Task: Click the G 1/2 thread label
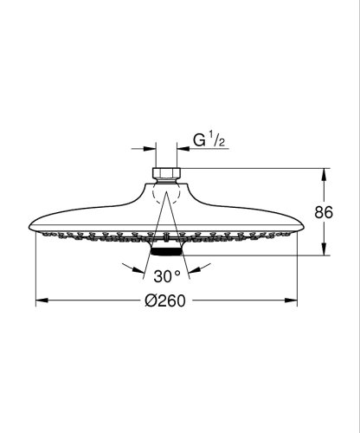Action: [x=209, y=140]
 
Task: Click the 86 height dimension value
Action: [x=324, y=212]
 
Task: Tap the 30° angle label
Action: [x=167, y=276]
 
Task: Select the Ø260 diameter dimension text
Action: [x=165, y=301]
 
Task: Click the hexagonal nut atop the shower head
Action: [x=166, y=173]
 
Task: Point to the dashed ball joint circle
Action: [x=166, y=193]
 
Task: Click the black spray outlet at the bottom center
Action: [x=166, y=251]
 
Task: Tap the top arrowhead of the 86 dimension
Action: [x=324, y=174]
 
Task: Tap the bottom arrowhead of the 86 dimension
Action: [x=324, y=249]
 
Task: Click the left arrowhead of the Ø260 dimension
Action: [x=42, y=301]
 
